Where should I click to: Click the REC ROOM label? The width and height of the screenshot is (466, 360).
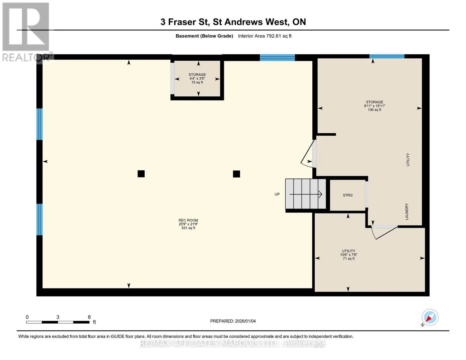[x=188, y=224]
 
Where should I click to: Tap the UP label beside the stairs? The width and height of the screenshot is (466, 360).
[x=277, y=194]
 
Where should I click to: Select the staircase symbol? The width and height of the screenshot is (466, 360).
[x=305, y=194]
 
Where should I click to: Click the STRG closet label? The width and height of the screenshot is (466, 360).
[x=347, y=195]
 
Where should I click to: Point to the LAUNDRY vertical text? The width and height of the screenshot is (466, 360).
[x=407, y=211]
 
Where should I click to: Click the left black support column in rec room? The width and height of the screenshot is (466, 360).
[x=141, y=174]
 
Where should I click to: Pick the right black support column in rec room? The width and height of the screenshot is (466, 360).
[x=236, y=174]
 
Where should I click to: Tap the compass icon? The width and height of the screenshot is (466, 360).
[x=430, y=317]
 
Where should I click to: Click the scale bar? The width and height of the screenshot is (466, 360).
[x=58, y=322]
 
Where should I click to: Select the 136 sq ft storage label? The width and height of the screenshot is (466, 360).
[x=374, y=106]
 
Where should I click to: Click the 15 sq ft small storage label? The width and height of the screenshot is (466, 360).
[x=197, y=79]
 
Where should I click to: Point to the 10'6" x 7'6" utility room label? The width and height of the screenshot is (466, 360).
[x=349, y=255]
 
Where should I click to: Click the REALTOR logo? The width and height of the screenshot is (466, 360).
[x=26, y=32]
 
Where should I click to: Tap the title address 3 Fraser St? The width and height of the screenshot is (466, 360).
[x=185, y=22]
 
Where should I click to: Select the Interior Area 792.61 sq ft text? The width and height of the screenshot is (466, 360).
[x=265, y=36]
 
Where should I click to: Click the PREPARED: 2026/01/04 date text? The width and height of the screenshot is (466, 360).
[x=233, y=321]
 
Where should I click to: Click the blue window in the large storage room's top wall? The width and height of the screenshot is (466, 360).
[x=387, y=57]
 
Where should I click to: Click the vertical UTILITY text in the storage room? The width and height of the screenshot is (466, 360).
[x=408, y=160]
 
